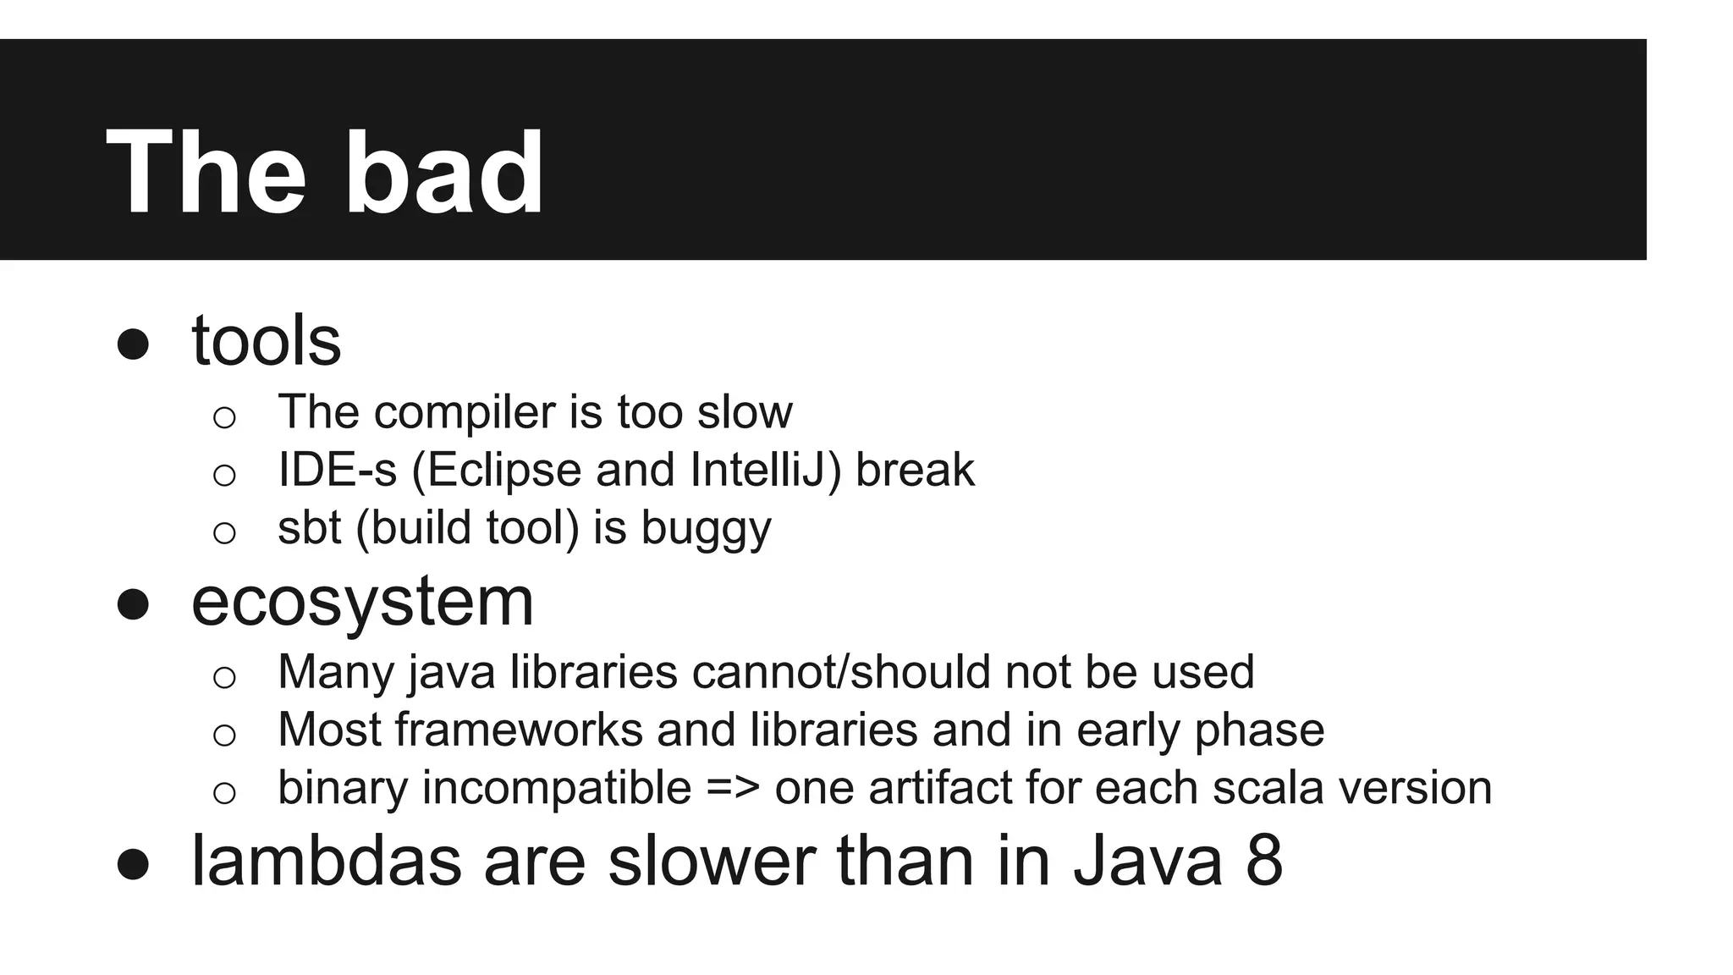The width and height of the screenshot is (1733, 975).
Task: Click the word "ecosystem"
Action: (362, 602)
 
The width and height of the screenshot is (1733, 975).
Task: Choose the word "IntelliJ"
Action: (765, 470)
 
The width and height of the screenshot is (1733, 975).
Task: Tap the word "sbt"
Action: (309, 527)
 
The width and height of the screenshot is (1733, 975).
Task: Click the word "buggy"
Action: (706, 529)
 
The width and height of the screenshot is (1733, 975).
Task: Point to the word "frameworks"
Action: (519, 730)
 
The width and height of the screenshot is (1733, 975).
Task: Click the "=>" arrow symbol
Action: (733, 788)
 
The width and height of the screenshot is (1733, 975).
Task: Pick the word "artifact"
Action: (939, 788)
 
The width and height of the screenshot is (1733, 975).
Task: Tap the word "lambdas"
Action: (327, 861)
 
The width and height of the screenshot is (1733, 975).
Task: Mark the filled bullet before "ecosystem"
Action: (133, 605)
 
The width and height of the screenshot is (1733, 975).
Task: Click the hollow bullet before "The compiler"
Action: (224, 416)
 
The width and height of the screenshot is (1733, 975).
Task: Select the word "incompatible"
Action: (556, 788)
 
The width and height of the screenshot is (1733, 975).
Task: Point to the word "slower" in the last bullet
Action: (712, 861)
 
